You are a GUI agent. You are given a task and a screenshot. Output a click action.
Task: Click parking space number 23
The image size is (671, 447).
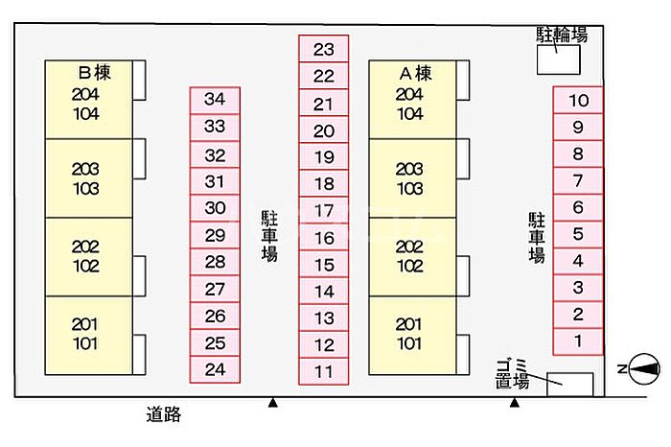click(324, 49)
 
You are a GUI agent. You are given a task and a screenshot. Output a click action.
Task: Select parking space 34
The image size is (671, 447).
click(215, 100)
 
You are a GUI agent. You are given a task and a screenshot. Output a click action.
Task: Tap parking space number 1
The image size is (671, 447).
click(578, 341)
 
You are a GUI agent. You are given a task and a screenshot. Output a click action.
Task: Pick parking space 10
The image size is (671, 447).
click(578, 100)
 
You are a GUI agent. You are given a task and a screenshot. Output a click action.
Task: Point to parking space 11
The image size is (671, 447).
click(324, 371)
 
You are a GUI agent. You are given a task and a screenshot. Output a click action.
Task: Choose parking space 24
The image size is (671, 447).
click(215, 369)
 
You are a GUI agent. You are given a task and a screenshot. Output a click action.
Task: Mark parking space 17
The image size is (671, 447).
click(324, 210)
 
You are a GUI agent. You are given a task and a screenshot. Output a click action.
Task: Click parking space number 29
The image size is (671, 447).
click(215, 235)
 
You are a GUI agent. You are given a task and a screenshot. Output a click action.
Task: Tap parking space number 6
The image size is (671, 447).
click(578, 207)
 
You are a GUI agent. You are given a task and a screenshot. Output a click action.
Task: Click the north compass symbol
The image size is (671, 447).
click(644, 368)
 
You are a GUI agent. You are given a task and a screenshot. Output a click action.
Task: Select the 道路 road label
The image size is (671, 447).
click(164, 414)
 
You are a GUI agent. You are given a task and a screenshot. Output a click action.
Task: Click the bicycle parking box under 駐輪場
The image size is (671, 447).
click(559, 59)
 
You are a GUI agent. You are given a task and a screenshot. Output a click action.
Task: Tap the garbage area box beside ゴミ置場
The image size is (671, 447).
click(570, 385)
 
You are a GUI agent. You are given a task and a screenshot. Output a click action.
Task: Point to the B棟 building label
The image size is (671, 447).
click(95, 72)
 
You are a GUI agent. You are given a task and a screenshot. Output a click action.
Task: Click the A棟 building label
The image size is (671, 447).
click(415, 73)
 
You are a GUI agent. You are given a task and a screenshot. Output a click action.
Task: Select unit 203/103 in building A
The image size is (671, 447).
click(412, 178)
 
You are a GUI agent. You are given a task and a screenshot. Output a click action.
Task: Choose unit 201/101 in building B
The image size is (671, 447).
click(88, 336)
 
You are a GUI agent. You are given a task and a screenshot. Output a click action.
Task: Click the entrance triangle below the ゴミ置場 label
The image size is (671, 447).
click(515, 403)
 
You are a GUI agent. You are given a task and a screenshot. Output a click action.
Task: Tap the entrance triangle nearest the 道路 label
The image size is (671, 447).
click(272, 403)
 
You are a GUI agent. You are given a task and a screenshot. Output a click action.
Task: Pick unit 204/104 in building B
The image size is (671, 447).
click(88, 100)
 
